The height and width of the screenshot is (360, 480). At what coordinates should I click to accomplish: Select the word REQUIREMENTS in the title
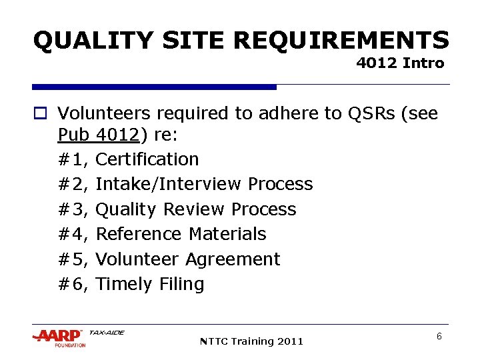coord(341,41)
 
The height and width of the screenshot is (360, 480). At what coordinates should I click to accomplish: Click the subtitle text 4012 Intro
coord(400,64)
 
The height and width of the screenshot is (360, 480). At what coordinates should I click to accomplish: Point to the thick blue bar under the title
coord(154,87)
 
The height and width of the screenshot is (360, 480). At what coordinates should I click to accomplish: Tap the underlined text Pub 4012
coord(99,135)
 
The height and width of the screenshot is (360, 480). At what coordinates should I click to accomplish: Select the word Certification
coord(147,159)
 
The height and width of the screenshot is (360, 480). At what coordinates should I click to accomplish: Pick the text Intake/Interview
coord(169,184)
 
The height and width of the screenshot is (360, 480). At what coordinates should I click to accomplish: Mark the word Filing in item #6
coord(181,284)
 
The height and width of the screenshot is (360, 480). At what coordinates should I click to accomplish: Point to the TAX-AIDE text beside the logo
coord(107,332)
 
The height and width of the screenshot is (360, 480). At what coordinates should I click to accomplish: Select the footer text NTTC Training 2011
coord(251,341)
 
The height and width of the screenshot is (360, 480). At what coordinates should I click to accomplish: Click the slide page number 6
coord(439,337)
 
